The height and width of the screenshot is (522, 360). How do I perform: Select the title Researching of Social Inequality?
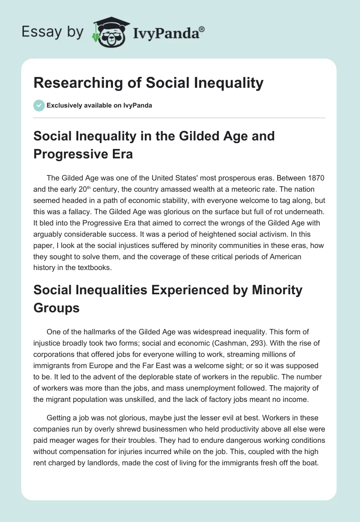click(x=148, y=83)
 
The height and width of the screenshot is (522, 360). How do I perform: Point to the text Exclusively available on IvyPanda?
click(x=99, y=105)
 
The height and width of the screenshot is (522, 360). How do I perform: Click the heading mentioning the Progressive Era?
click(x=154, y=144)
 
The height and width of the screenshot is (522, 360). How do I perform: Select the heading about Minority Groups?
click(x=168, y=298)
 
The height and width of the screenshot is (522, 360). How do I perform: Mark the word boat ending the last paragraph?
click(x=309, y=463)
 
